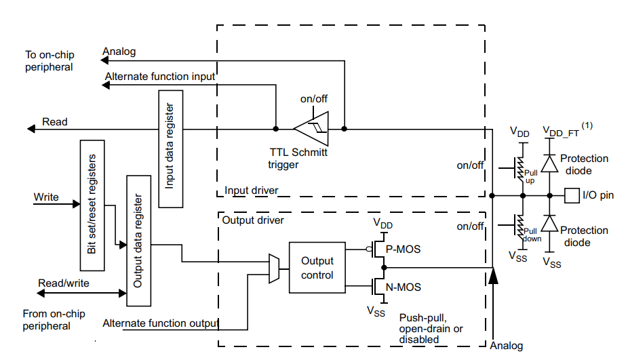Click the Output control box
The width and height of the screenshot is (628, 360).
point(317,268)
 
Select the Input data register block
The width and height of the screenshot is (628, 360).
point(170,148)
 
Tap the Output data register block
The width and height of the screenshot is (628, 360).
point(138,241)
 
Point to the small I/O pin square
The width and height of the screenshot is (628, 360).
point(572,196)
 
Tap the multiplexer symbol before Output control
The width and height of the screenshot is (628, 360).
point(274,268)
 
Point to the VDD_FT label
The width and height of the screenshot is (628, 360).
point(563,129)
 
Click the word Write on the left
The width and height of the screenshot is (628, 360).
point(47,197)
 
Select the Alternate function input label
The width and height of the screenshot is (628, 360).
point(160,77)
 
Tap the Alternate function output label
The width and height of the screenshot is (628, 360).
point(161,323)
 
